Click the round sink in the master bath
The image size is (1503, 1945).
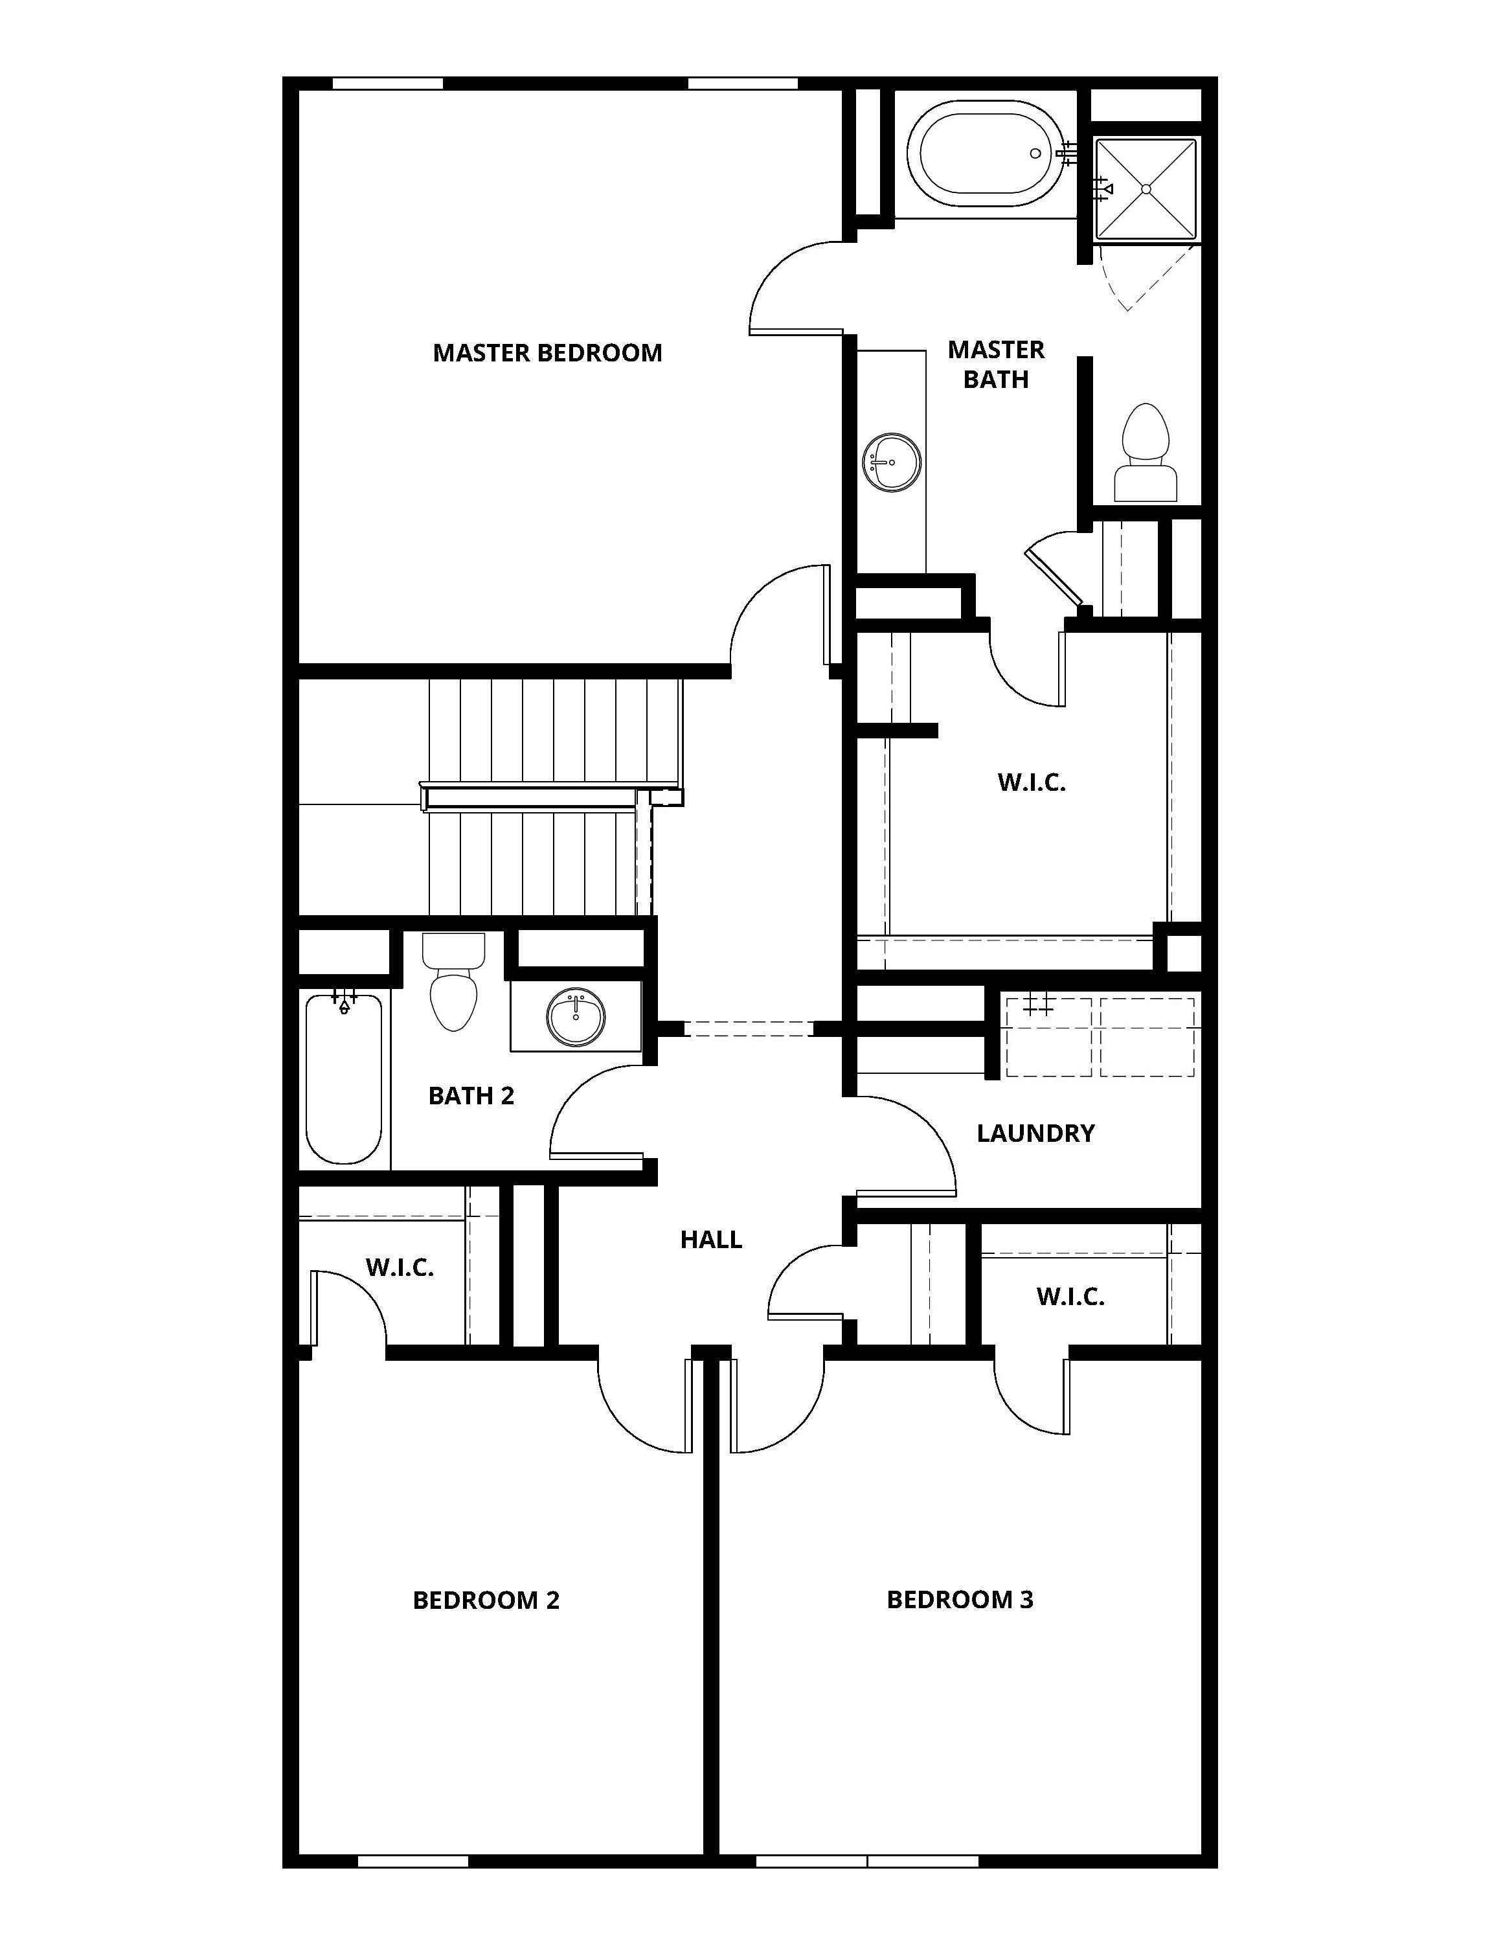(x=891, y=461)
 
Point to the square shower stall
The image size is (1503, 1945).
(x=1146, y=189)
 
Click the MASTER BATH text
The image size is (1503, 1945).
(x=995, y=364)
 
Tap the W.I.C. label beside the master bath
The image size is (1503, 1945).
(x=1031, y=783)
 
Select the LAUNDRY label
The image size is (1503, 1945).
(x=1035, y=1133)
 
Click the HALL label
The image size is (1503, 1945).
(x=710, y=1240)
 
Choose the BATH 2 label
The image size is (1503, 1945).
(x=471, y=1095)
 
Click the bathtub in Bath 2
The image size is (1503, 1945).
(x=344, y=1079)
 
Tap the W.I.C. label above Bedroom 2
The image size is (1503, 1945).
(x=399, y=1268)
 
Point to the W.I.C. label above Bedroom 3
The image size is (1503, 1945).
(x=1070, y=1297)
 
